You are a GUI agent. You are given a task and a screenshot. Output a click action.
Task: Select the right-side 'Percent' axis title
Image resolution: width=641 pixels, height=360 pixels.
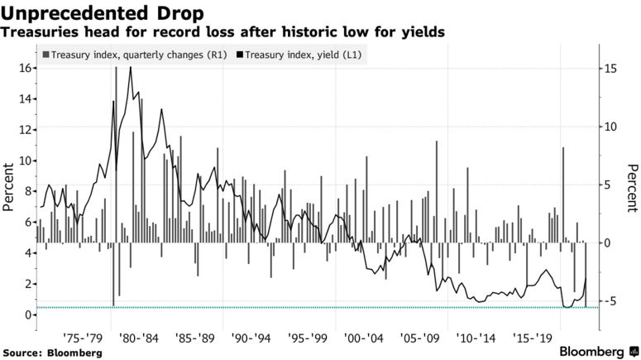point(632,188)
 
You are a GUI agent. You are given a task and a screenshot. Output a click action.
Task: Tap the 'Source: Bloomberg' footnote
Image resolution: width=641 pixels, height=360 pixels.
point(54,353)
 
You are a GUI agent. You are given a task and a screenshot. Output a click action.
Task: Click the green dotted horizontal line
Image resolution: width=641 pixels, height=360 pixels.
point(314,308)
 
